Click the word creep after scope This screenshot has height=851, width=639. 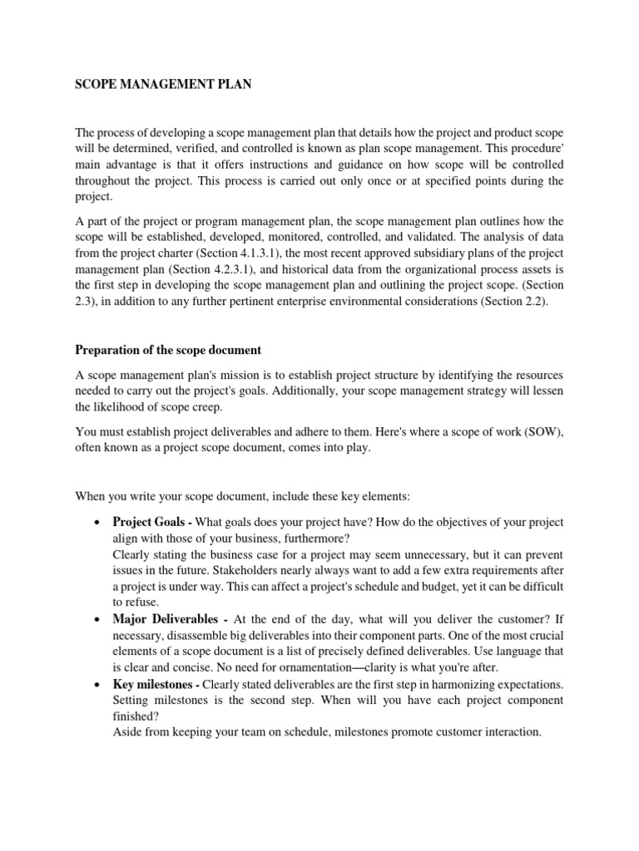[x=206, y=409]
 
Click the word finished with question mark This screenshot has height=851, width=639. [x=135, y=716]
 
